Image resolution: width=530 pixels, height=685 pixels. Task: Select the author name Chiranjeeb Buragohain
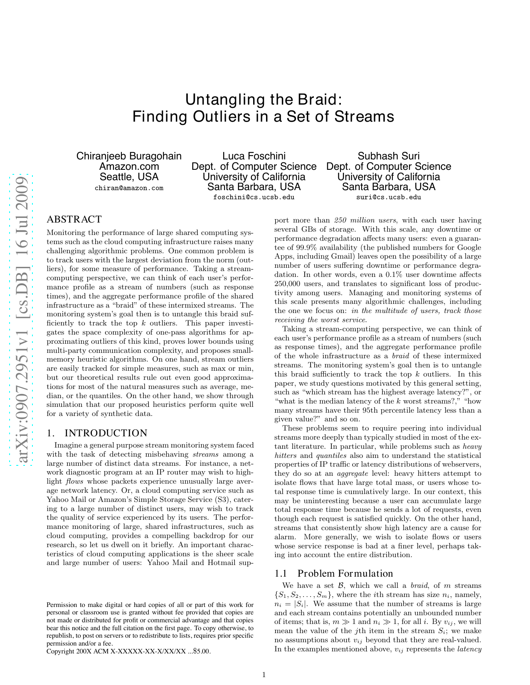coord(129,156)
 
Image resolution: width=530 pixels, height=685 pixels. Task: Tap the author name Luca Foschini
coord(254,156)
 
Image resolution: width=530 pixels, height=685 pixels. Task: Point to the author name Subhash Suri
coord(389,156)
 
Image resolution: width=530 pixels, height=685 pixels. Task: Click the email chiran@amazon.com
coord(129,188)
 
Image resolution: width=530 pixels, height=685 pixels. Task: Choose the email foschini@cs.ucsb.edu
coord(254,197)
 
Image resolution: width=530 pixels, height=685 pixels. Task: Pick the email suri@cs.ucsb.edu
coord(389,197)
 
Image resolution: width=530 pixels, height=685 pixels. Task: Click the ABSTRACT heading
coord(74,219)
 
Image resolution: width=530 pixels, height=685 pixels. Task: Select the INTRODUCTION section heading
coord(106,433)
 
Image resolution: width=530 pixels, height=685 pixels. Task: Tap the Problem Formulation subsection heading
coord(345,573)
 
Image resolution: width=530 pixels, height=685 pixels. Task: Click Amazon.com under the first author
coord(129,166)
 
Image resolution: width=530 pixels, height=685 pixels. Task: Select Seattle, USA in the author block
coord(129,177)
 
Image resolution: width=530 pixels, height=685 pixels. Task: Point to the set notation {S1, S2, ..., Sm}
coord(303,595)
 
